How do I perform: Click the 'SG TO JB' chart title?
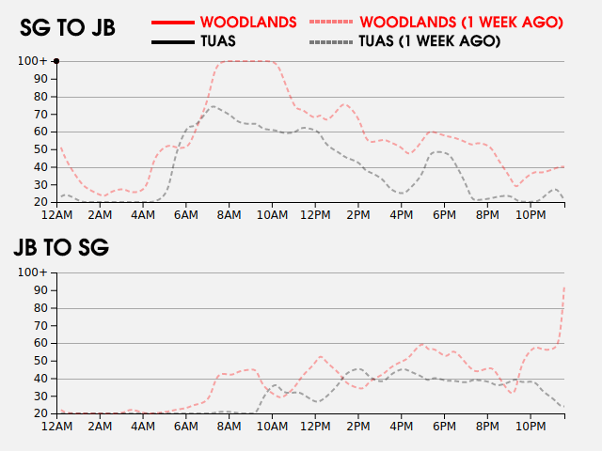tap(68, 28)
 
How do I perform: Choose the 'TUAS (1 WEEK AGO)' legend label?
tap(429, 41)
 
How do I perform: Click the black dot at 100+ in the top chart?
tap(56, 61)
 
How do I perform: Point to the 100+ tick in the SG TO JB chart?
tap(32, 61)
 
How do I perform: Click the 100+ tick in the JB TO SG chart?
tap(32, 272)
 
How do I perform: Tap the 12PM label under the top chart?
tap(315, 215)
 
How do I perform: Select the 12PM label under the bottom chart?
tap(315, 427)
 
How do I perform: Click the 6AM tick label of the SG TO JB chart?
tap(186, 215)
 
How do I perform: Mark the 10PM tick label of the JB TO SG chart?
tap(531, 427)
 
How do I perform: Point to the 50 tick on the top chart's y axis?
tap(40, 149)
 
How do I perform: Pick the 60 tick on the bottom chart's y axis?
tap(40, 343)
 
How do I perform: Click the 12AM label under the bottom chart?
tap(57, 427)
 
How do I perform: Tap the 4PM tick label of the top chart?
tap(402, 215)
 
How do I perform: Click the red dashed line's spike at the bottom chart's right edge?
tap(563, 288)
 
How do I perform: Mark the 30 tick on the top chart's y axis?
tap(40, 184)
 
